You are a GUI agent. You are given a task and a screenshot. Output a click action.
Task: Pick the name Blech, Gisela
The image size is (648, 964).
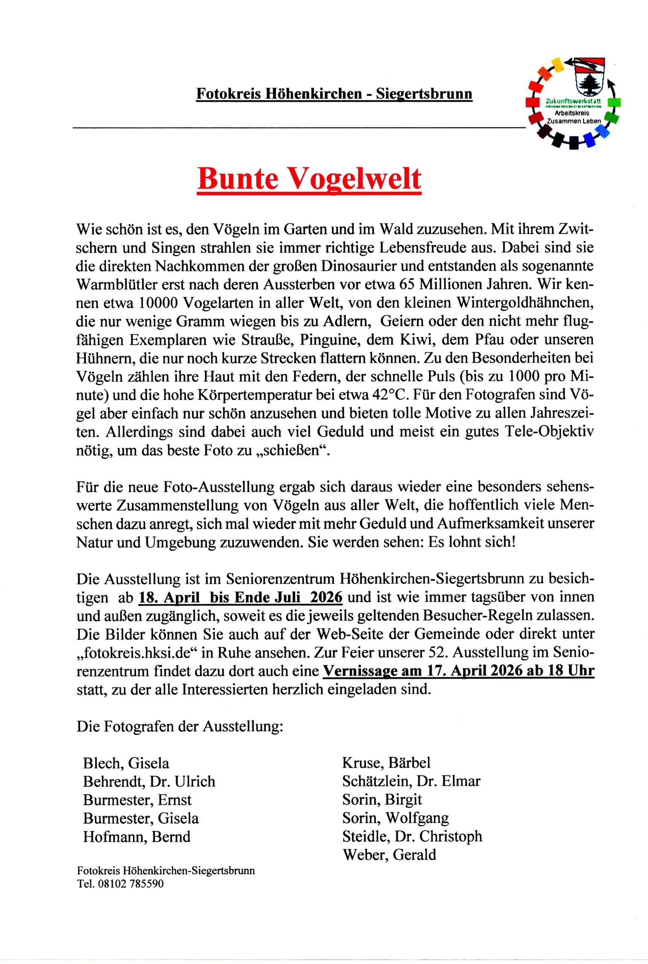click(x=126, y=763)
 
